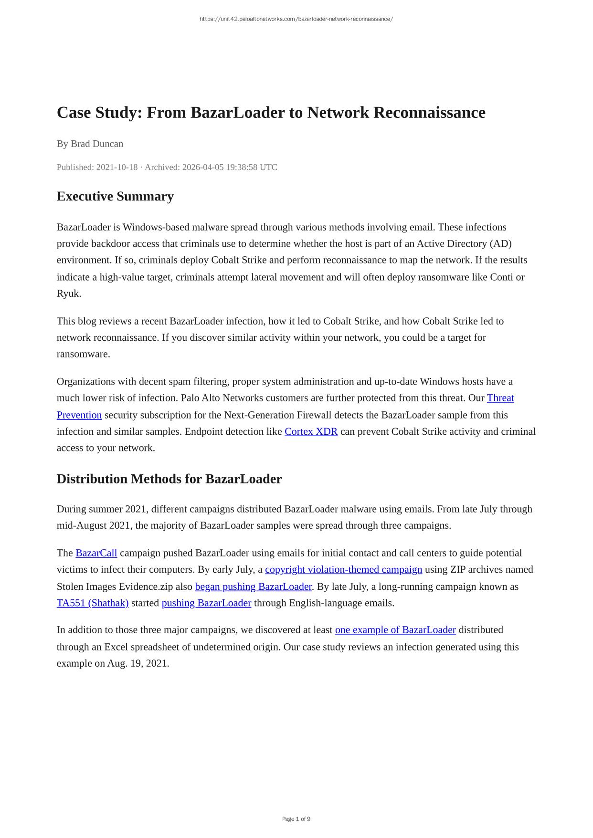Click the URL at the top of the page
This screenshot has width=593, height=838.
tap(296, 19)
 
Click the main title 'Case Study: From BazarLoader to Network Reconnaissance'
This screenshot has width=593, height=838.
tap(271, 113)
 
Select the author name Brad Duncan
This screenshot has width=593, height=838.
tap(97, 144)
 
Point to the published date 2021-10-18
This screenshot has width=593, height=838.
tap(116, 167)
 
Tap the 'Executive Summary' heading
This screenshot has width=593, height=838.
tap(115, 197)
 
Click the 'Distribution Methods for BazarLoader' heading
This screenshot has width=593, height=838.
tap(169, 479)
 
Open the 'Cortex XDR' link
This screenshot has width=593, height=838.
tap(311, 431)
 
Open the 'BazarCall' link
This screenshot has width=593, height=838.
tap(96, 553)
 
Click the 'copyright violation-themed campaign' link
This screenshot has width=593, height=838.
tap(343, 569)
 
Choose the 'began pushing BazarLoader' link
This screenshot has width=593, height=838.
tap(253, 587)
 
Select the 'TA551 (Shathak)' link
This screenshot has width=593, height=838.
tap(93, 603)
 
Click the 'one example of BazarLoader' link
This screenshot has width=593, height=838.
tap(395, 630)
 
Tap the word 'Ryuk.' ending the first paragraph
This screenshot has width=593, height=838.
tap(69, 293)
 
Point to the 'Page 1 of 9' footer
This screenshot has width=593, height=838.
tap(296, 819)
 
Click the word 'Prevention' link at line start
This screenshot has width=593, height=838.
tap(79, 415)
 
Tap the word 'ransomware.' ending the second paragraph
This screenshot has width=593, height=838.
tap(83, 354)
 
